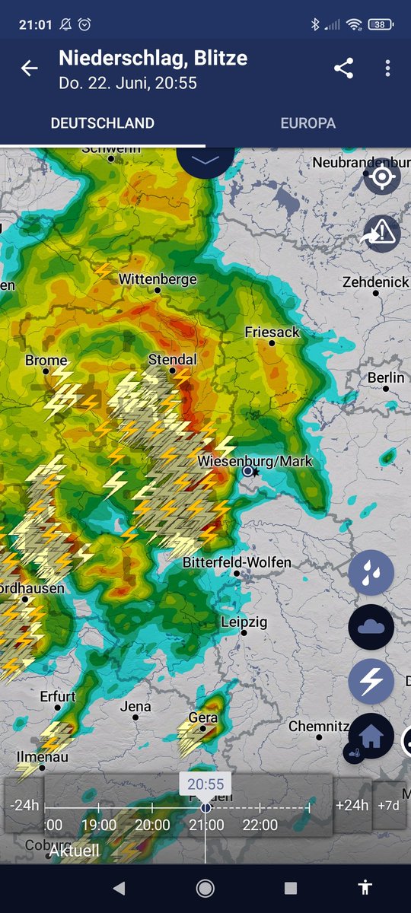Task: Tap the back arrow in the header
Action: (x=29, y=68)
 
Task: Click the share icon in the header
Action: (x=344, y=68)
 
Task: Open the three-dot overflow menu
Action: (x=387, y=68)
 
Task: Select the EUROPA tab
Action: (x=307, y=123)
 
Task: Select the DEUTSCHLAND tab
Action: (x=103, y=123)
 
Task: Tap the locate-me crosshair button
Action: (x=382, y=177)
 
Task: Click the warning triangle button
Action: (x=382, y=231)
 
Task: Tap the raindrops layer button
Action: (x=371, y=573)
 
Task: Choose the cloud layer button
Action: (x=371, y=627)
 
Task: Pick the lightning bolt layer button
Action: (x=371, y=681)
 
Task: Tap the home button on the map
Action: (x=371, y=736)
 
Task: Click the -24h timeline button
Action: (x=24, y=805)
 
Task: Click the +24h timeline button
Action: (x=352, y=805)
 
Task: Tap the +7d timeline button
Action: (x=389, y=805)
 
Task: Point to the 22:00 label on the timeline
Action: (x=260, y=825)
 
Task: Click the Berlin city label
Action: (x=386, y=378)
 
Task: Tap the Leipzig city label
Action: (x=244, y=622)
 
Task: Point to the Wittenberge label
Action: (x=158, y=279)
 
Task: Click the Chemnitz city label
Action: (x=319, y=727)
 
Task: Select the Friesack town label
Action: (x=272, y=332)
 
